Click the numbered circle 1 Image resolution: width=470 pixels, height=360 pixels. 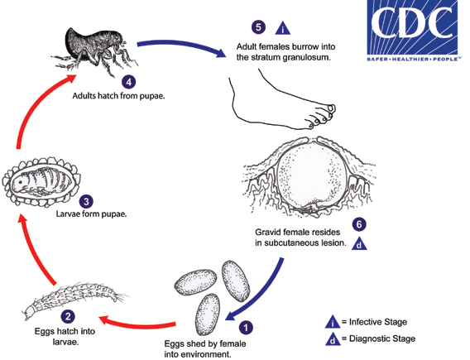[x=246, y=327]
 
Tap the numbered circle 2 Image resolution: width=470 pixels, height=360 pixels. [x=68, y=315]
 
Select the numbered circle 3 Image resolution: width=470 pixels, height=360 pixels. [x=85, y=200]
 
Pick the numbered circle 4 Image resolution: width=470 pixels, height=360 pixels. [x=127, y=81]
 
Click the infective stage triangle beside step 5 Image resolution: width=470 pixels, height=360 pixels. [x=283, y=28]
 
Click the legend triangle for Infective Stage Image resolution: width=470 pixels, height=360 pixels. [x=332, y=322]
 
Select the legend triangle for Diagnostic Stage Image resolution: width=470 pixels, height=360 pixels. [x=332, y=338]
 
